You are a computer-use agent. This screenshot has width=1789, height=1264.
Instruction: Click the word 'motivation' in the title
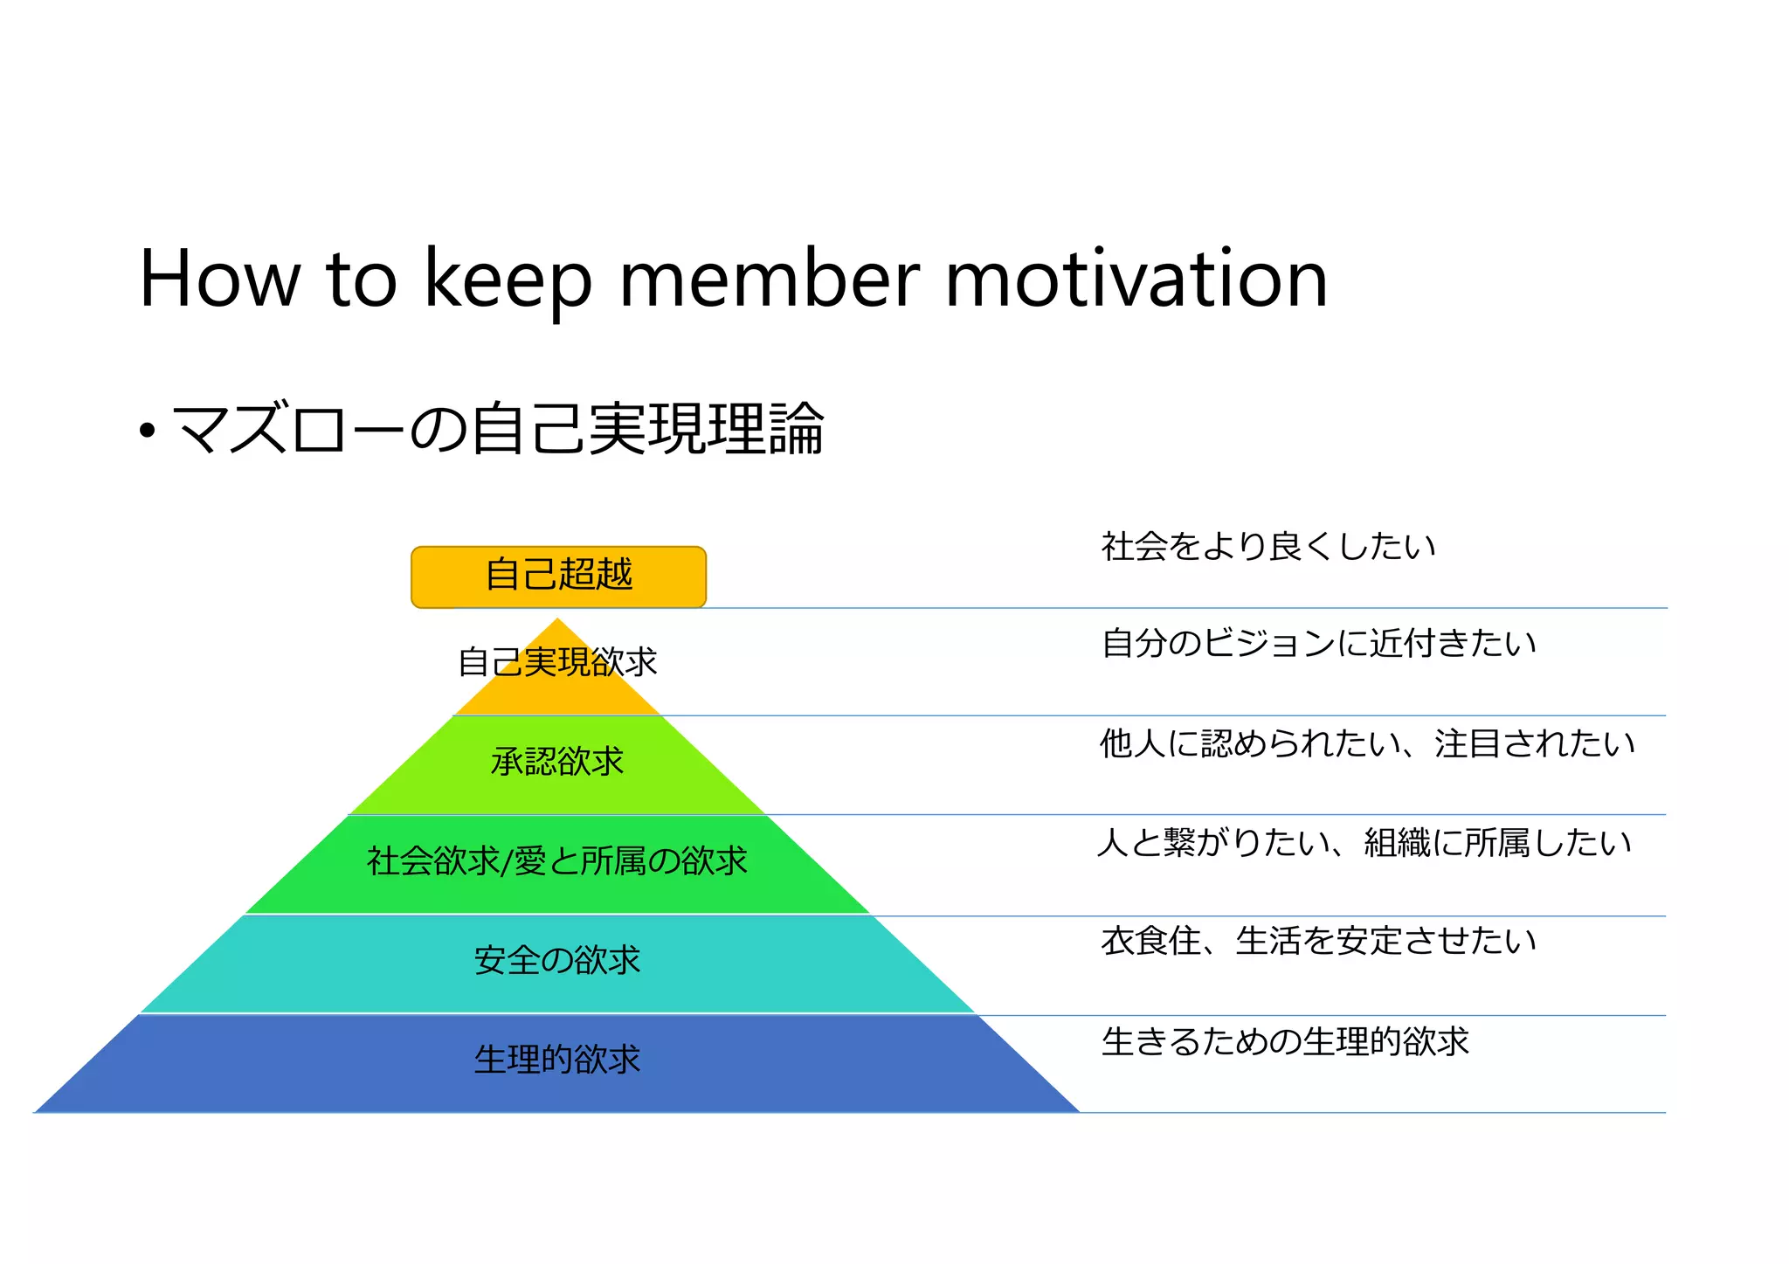[1136, 280]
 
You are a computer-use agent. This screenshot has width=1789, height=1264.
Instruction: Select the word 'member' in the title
[770, 280]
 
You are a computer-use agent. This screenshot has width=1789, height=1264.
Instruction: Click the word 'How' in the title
[219, 280]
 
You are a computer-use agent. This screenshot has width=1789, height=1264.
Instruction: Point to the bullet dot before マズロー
[148, 431]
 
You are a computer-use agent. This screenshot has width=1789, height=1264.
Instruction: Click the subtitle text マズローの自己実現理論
[498, 429]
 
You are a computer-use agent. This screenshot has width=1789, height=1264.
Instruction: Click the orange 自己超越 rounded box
[558, 577]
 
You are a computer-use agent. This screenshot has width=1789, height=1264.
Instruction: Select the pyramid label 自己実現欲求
[557, 662]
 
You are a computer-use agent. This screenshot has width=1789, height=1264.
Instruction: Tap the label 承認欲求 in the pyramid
[557, 762]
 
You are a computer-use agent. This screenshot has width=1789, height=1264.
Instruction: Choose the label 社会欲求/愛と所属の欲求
[557, 861]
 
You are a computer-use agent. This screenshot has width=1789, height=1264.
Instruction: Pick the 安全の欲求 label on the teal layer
[557, 961]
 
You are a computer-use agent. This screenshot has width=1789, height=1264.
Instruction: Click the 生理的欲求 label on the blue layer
[557, 1060]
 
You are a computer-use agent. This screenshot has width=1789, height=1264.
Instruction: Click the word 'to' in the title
[362, 280]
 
